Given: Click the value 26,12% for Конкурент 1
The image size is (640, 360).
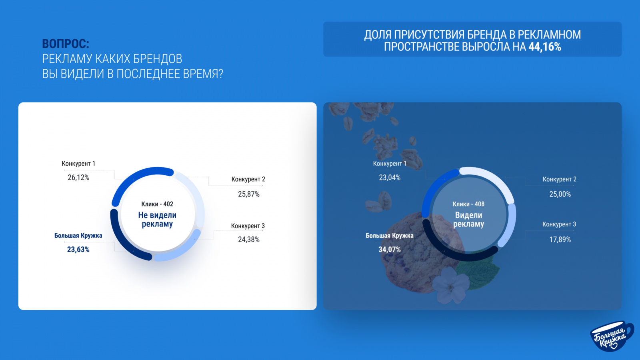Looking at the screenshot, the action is tap(78, 178).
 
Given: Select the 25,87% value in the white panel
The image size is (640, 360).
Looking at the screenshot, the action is tap(248, 194).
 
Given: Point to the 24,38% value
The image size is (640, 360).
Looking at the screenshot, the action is tap(248, 240).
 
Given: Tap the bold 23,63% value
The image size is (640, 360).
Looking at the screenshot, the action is tap(78, 250).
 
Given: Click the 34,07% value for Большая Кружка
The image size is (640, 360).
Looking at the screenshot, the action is tap(390, 250).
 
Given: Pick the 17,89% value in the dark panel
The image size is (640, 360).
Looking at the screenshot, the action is tap(560, 240).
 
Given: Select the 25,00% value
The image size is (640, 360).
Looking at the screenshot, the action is tap(560, 194).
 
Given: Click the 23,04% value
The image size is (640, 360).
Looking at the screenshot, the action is tap(390, 178).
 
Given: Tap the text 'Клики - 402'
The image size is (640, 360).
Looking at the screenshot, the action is tap(157, 204).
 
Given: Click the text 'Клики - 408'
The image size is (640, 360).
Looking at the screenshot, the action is tap(468, 204).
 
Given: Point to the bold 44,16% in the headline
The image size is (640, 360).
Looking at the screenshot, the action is tap(545, 46).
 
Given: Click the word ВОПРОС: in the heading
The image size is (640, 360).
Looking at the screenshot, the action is tap(66, 44).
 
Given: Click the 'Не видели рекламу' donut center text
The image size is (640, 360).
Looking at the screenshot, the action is tap(157, 220).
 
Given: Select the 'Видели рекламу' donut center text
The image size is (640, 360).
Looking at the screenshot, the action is tap(468, 220).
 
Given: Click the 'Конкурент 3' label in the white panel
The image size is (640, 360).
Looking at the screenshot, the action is tap(248, 226).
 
